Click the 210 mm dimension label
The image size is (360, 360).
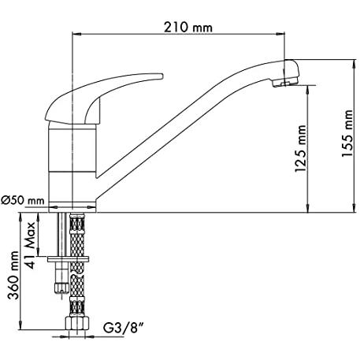[x=188, y=28]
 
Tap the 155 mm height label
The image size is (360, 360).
[x=347, y=134]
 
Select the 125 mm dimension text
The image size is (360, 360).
[x=300, y=149]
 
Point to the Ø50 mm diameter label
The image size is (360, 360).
[x=23, y=201]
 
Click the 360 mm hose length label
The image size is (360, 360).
[x=13, y=275]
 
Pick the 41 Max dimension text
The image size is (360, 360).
[x=31, y=245]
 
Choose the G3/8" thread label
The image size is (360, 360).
[x=124, y=328]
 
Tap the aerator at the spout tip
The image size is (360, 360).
[x=284, y=83]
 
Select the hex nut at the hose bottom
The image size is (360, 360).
[x=77, y=324]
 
